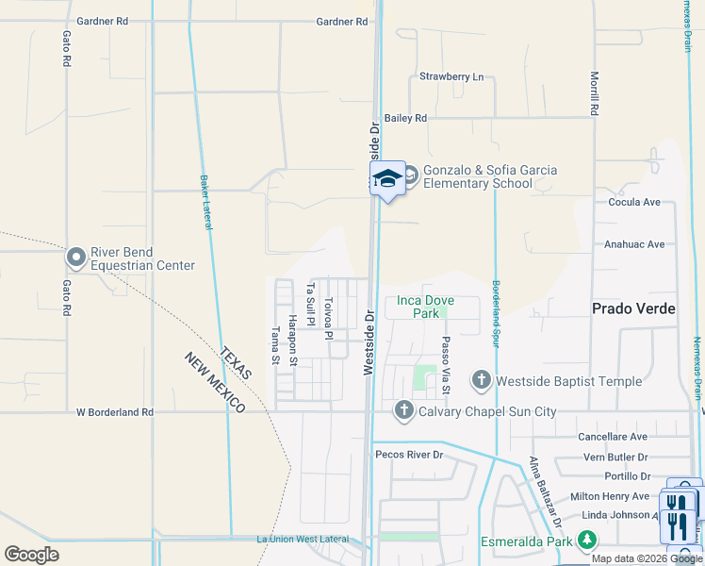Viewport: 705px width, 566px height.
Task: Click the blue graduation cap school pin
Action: click(x=387, y=178)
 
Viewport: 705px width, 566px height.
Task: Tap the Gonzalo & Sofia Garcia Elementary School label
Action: click(x=489, y=176)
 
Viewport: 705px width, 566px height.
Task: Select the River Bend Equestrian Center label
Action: click(x=142, y=258)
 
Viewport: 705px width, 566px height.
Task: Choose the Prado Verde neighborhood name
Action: click(x=633, y=308)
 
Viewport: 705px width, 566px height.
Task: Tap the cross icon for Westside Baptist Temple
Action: click(x=481, y=380)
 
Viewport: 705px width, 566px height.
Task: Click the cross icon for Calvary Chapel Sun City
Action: click(x=404, y=410)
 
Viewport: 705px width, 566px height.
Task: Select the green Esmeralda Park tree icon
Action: click(x=588, y=541)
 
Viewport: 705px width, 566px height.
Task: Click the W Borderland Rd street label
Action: click(x=114, y=412)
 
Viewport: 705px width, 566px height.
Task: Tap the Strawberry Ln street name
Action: click(x=451, y=76)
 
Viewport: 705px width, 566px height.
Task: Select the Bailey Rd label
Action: click(x=405, y=118)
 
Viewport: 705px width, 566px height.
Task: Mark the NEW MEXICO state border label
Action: click(x=215, y=382)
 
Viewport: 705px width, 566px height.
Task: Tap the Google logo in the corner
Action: click(x=32, y=554)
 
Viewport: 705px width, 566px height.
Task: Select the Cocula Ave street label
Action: click(x=634, y=202)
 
